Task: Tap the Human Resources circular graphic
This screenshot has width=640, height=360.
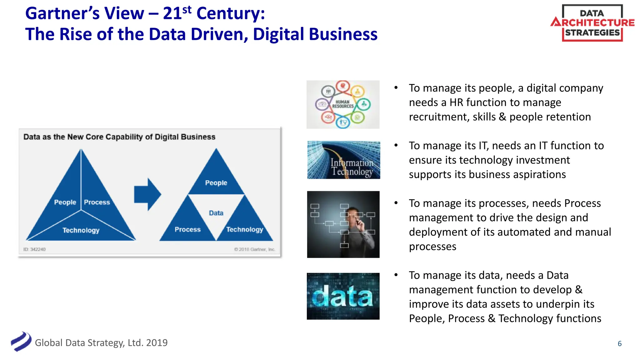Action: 343,104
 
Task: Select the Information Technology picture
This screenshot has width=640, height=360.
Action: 343,160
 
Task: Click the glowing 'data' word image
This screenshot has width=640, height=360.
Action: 343,296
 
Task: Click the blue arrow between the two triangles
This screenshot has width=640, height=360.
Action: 147,194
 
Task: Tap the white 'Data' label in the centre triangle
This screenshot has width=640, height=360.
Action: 216,213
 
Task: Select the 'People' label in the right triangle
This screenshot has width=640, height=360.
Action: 216,183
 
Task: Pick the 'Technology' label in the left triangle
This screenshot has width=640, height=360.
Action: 81,230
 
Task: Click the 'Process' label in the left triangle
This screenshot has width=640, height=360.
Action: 97,202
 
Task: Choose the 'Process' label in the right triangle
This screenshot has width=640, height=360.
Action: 187,229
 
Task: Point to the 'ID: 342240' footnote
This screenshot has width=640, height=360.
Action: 34,249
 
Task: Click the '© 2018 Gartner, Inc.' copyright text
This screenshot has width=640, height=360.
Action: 254,249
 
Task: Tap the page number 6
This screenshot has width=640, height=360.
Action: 619,344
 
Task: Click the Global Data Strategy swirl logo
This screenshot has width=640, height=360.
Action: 21,341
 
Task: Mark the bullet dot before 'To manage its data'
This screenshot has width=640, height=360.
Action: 396,275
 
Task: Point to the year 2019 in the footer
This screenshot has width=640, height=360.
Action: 157,343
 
